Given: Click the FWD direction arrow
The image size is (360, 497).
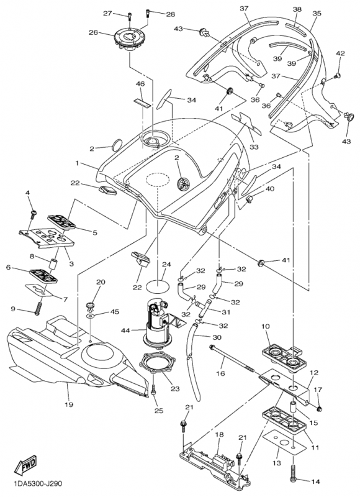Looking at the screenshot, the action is [x=25, y=465].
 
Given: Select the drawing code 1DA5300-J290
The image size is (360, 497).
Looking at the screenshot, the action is [x=38, y=484].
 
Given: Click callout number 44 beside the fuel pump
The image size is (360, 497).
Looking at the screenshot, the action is [x=126, y=331].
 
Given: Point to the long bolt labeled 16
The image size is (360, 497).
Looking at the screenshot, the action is [x=232, y=358].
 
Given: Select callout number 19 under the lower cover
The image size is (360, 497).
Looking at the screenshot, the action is [x=69, y=404].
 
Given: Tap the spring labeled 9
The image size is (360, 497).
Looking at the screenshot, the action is [x=38, y=308].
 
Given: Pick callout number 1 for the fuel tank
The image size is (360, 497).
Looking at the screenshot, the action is [x=76, y=163].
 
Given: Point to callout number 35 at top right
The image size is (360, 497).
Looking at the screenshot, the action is [x=317, y=13].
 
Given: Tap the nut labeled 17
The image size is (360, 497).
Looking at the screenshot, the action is [x=319, y=409].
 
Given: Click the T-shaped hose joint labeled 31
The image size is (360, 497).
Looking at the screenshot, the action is [x=202, y=308].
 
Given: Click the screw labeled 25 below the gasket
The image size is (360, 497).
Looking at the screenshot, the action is [x=153, y=389].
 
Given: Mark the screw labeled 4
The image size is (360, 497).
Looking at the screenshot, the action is [x=33, y=214].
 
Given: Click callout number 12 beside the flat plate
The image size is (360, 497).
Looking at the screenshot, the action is [x=314, y=373].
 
